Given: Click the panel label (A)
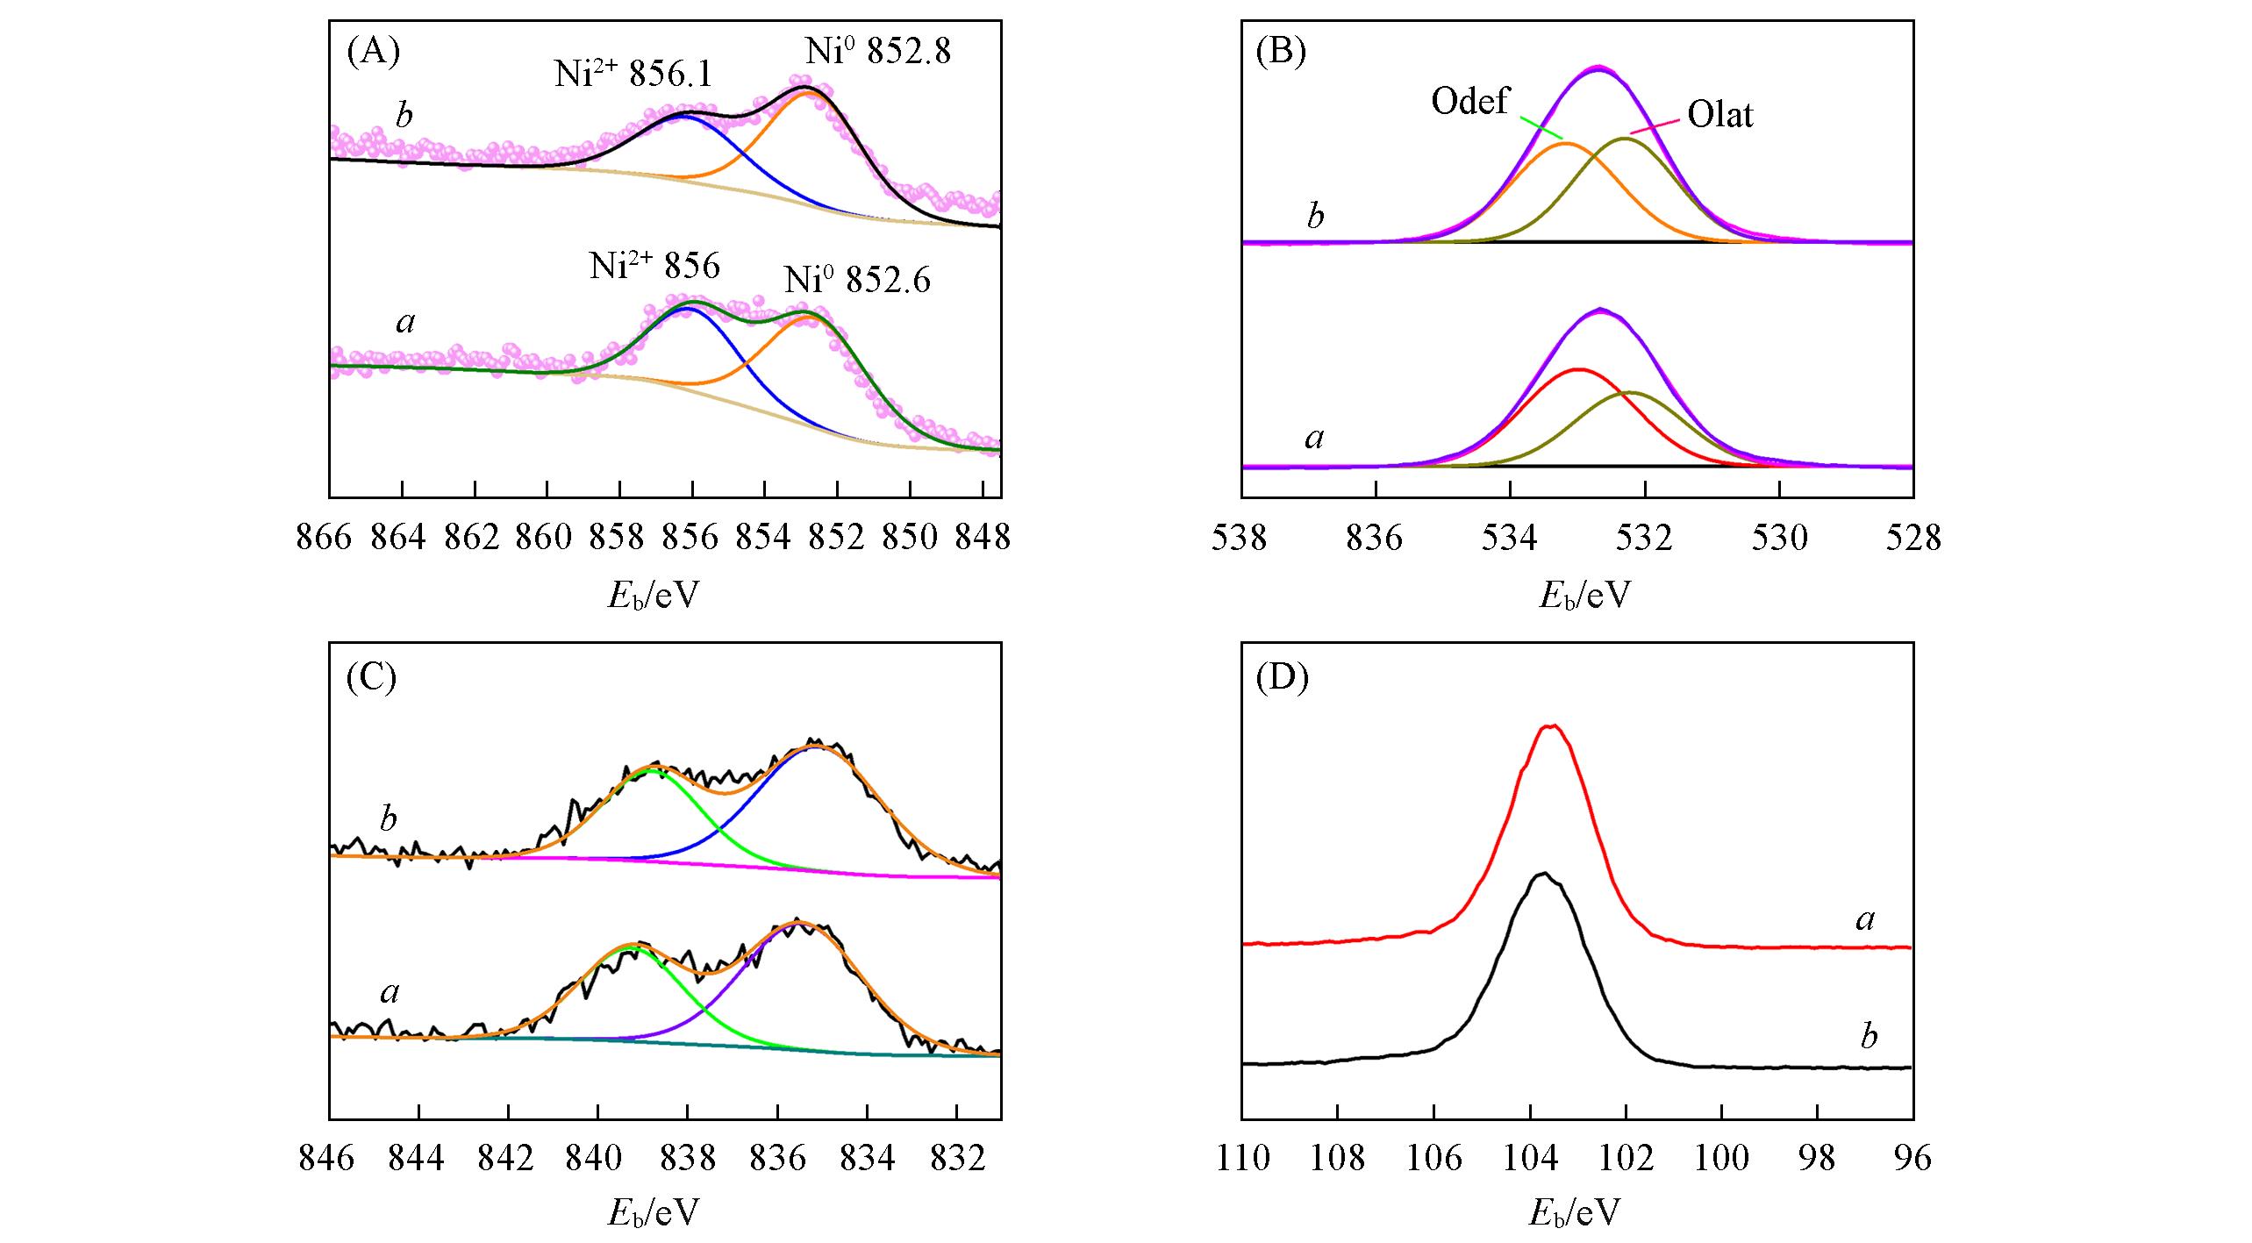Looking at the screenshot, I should coord(374,53).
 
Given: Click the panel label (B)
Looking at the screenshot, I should coord(1282,53).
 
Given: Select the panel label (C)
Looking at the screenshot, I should coord(372,677).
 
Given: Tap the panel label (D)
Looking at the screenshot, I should coord(1283,677).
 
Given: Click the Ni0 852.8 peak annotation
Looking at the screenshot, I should coord(878,53).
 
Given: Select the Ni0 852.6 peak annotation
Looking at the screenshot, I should coord(857,281).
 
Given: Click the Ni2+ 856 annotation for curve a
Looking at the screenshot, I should coord(654,266).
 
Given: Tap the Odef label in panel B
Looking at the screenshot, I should coord(1470,103).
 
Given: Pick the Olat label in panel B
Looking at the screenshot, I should coord(1720,116).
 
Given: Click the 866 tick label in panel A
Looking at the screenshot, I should coord(325,538).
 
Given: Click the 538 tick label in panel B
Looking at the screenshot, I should coord(1240,538).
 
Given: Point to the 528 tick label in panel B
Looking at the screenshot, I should coord(1913,538).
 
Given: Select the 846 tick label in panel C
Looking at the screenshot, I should coord(326,1159).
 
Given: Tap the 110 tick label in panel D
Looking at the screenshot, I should coord(1242,1159).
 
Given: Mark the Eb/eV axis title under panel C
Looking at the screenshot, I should coord(654,1212).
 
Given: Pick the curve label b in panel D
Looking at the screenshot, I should coord(1869,1036).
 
